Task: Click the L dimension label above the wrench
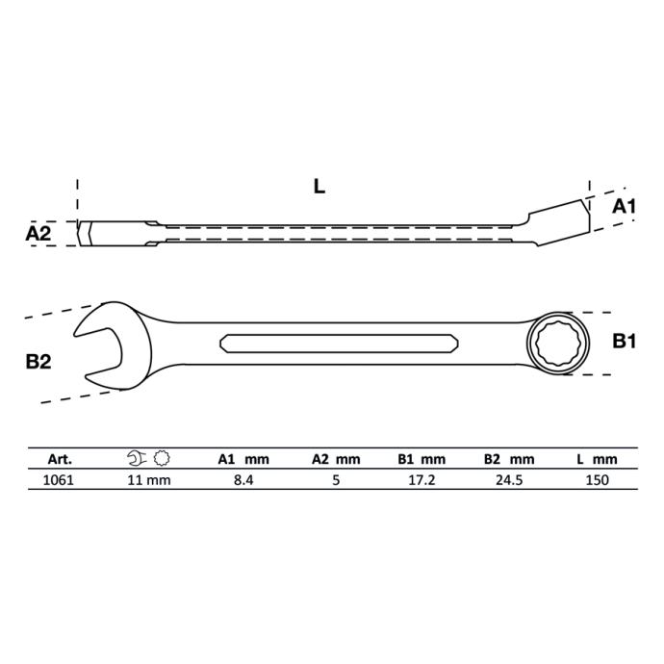[x=319, y=187]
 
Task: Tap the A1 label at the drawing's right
[x=625, y=207]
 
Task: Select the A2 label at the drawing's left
[x=38, y=233]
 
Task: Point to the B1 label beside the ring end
[x=625, y=341]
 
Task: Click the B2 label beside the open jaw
[x=38, y=362]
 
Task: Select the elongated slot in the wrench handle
[x=339, y=343]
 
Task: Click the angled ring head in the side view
[x=559, y=222]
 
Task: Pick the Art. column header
[x=60, y=459]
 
